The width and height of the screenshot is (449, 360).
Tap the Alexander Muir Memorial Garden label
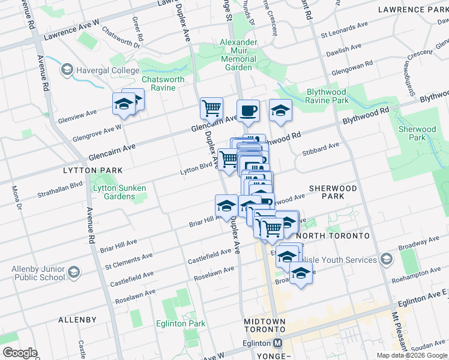click(239, 55)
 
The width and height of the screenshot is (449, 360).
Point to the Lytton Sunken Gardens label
click(119, 192)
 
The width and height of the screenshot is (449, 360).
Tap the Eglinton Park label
click(187, 323)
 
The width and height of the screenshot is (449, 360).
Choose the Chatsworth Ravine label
click(158, 83)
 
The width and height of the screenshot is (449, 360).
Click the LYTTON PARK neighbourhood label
click(88, 170)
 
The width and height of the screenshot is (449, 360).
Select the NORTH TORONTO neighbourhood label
click(333, 236)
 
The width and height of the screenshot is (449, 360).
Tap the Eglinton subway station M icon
click(277, 343)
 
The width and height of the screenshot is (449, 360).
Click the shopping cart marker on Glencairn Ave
click(211, 109)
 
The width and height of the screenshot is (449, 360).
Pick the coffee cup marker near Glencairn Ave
click(248, 110)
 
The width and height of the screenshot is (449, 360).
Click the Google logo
click(20, 353)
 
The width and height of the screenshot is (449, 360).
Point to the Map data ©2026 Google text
click(411, 355)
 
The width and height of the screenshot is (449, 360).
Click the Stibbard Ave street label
click(321, 147)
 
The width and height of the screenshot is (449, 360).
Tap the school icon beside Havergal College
click(67, 70)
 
